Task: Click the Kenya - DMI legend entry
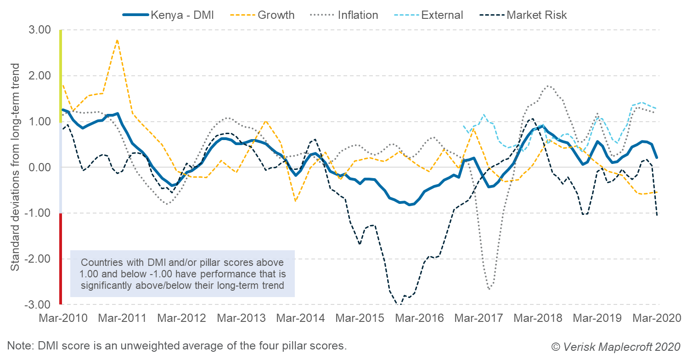click(x=168, y=15)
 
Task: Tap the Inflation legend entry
click(x=345, y=15)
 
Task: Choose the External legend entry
click(x=430, y=15)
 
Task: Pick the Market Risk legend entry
click(x=524, y=15)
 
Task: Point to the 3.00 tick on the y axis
click(x=40, y=30)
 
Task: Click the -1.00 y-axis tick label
click(x=39, y=213)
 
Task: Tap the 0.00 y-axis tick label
click(x=40, y=167)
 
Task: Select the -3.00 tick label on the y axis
click(x=39, y=304)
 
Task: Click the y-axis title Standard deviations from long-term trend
click(x=15, y=167)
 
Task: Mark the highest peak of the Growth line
click(x=117, y=40)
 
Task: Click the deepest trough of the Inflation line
click(x=490, y=289)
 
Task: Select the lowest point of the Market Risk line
click(x=399, y=305)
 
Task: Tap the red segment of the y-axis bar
click(x=61, y=259)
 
